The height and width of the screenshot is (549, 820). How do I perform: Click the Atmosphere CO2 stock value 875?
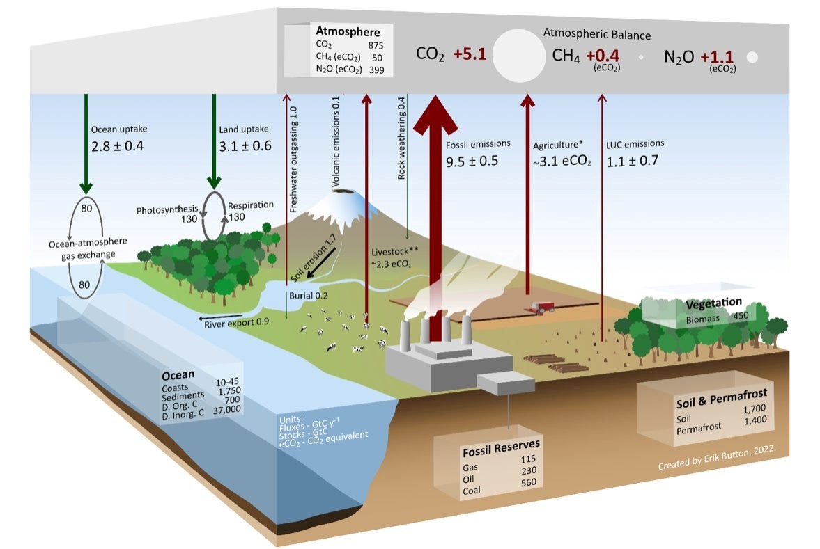pos(377,45)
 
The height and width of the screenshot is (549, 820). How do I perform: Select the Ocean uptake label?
pos(119,129)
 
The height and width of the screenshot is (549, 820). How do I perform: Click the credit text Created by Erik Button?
pos(721,464)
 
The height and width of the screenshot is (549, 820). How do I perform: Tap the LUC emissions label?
pos(635,143)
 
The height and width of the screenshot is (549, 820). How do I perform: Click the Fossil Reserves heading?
pos(500,445)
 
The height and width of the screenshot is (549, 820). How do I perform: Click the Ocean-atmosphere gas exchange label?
pos(88,247)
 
